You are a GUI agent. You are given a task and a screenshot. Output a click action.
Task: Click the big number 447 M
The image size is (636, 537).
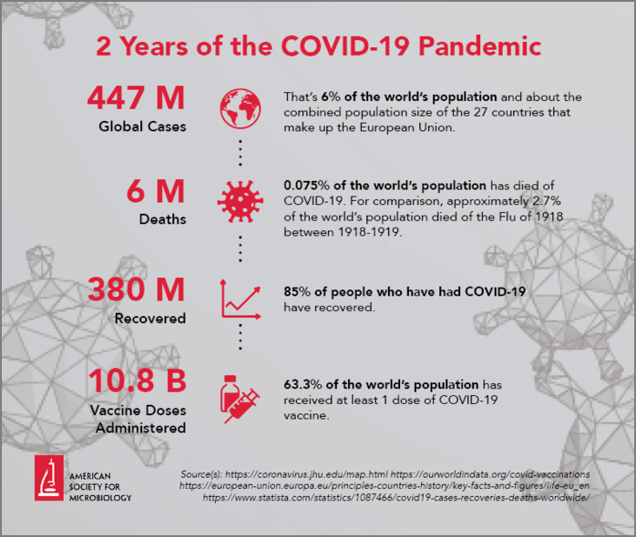coord(137,96)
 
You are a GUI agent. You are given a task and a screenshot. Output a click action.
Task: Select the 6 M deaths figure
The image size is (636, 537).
coord(162,192)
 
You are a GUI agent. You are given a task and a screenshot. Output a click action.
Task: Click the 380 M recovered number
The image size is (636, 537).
coord(137,290)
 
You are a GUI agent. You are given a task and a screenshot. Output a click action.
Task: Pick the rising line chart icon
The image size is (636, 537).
coord(241,299)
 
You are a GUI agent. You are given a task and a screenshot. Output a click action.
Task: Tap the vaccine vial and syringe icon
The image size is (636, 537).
coord(241,400)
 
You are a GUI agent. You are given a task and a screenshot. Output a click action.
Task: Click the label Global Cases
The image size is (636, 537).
coord(142,127)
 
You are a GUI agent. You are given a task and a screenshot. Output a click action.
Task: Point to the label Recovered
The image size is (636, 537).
coord(150,319)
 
